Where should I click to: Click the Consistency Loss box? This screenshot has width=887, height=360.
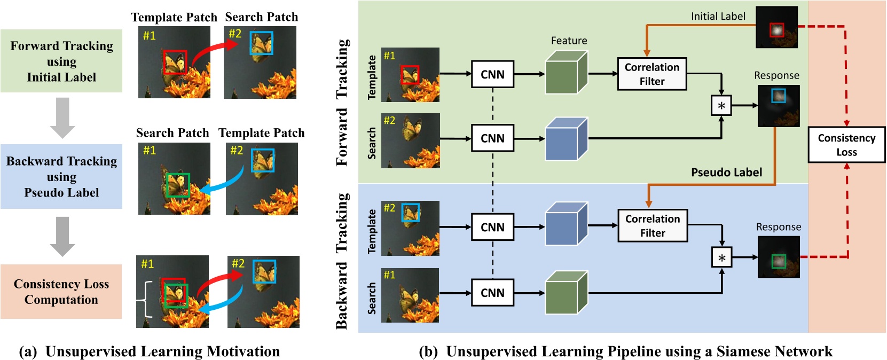tap(846, 145)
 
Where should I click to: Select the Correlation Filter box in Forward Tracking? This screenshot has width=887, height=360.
tap(651, 74)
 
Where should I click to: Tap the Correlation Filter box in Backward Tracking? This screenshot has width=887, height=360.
tap(652, 226)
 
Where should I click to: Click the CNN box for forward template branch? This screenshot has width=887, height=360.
tap(492, 74)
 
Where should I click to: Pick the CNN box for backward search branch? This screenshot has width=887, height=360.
tap(492, 293)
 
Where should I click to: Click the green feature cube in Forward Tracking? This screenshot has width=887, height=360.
tap(566, 73)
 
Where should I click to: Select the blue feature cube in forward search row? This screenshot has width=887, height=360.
tap(566, 139)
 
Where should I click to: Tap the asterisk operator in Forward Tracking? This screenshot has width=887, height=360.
tap(721, 106)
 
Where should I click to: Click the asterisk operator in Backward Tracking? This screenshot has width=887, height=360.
tap(721, 258)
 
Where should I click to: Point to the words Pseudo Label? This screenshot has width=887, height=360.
tap(726, 173)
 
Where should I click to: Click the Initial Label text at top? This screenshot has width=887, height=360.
tap(718, 17)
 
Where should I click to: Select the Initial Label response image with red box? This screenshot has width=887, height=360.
tap(776, 27)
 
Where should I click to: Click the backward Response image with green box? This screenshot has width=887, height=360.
tap(779, 257)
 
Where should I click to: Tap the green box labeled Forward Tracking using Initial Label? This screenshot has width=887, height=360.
tap(61, 61)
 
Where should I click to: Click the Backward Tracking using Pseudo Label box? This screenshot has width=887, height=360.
tap(61, 177)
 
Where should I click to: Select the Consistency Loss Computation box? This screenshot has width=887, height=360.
tap(61, 292)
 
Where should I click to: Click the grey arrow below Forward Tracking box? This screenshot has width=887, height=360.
tap(62, 118)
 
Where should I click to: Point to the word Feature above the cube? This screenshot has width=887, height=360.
tap(569, 41)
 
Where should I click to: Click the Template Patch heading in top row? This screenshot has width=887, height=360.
tap(174, 18)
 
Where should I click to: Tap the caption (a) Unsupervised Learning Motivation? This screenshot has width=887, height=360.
tap(150, 351)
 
